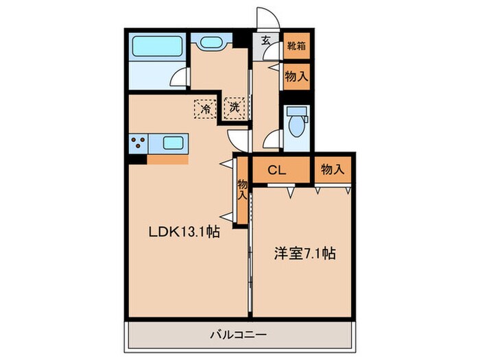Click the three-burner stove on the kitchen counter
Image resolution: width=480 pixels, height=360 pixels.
138,144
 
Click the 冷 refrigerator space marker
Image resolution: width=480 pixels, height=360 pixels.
204,108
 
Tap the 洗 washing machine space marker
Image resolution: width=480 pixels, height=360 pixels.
235,108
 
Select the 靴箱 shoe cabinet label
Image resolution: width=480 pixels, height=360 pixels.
296,47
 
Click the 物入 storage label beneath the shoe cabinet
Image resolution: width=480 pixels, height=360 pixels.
296,77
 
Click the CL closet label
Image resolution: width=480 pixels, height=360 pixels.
276,169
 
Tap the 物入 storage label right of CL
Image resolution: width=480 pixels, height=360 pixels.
332,169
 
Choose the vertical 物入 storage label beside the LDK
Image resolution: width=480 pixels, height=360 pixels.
242,189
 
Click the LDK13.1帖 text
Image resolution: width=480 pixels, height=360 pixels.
184,233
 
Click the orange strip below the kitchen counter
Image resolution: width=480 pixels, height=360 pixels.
168,160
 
